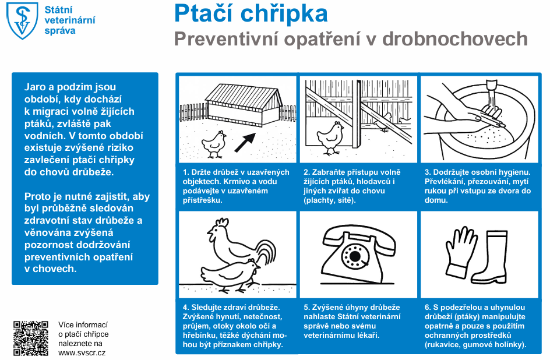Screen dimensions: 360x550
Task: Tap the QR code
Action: coord(31,338)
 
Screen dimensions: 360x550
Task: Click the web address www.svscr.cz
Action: coord(82,352)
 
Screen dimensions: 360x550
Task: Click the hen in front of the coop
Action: coord(214,143)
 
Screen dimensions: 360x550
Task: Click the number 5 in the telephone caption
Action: coord(306,307)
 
